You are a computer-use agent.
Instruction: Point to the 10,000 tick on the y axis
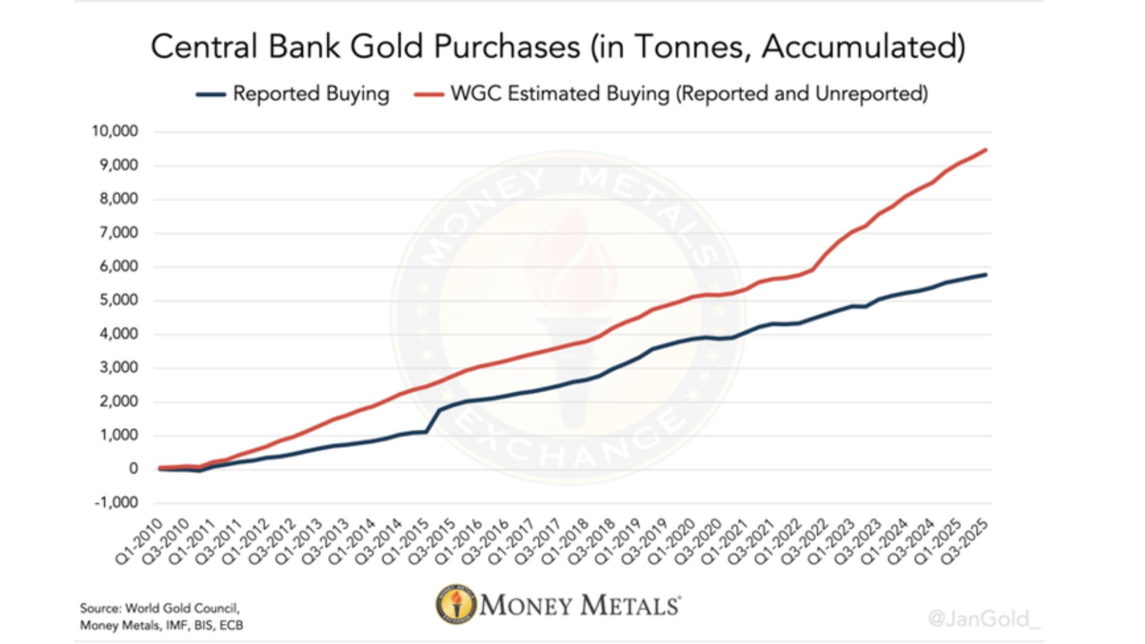pos(115,131)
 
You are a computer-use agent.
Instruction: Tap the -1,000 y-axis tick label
pos(116,503)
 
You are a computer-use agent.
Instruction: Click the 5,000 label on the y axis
pos(119,300)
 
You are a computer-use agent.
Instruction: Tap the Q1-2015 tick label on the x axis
pos(406,540)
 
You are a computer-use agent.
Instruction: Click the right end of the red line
pos(986,150)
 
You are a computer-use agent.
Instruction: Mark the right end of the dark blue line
pos(986,274)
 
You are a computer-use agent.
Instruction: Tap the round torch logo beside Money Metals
pos(456,605)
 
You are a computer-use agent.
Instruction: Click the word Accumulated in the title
pos(862,47)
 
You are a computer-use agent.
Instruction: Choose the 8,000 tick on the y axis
pos(119,199)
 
